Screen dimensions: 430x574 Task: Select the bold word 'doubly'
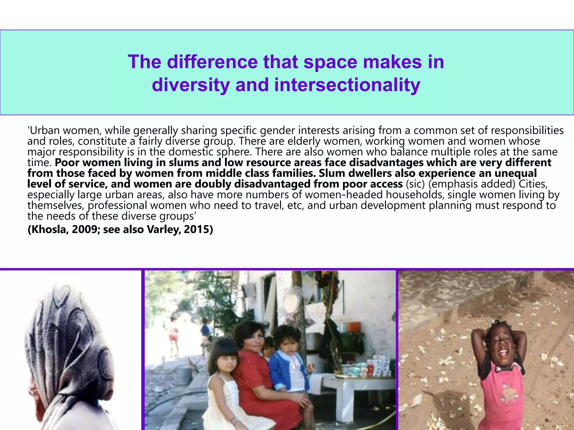pos(213,184)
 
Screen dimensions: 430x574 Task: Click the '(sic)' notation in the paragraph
pos(415,184)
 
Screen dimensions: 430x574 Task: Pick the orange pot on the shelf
pos(354,326)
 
